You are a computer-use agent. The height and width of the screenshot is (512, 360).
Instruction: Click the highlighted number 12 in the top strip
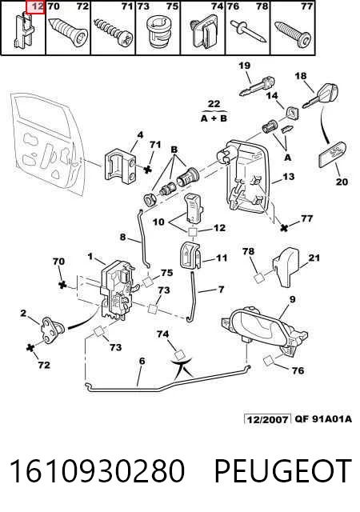(x=38, y=6)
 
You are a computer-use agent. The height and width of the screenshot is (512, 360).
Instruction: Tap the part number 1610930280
(x=97, y=470)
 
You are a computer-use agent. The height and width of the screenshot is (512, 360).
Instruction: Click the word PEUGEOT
(x=282, y=470)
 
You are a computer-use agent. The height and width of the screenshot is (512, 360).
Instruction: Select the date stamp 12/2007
(x=267, y=419)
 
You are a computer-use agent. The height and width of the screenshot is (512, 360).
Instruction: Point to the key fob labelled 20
(x=332, y=154)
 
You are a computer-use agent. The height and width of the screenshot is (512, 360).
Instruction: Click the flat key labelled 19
(x=257, y=86)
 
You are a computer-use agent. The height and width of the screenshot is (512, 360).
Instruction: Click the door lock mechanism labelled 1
(x=117, y=290)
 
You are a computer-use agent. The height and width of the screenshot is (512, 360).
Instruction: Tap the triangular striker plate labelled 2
(x=52, y=329)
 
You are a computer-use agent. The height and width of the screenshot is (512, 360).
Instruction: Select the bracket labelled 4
(x=120, y=164)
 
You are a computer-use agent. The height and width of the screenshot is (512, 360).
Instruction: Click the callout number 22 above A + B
(x=214, y=104)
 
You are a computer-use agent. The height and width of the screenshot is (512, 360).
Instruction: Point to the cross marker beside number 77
(x=284, y=227)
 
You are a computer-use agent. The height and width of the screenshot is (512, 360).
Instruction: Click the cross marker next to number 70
(x=62, y=285)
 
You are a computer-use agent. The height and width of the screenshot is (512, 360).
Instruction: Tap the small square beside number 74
(x=179, y=355)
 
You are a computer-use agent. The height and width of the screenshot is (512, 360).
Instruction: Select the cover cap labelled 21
(x=286, y=267)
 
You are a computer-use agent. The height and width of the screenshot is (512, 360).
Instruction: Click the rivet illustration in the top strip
(x=249, y=30)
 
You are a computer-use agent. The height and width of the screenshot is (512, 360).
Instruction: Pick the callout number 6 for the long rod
(x=142, y=361)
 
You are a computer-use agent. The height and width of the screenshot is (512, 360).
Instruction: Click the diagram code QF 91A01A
(x=323, y=418)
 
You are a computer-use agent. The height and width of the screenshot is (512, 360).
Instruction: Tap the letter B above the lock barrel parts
(x=174, y=150)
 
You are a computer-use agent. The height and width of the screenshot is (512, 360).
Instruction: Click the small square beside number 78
(x=258, y=278)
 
